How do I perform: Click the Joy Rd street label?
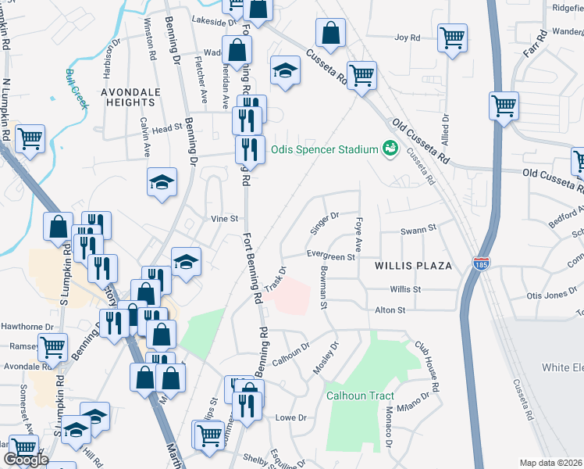tap(408, 37)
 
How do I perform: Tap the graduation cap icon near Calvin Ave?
tap(162, 183)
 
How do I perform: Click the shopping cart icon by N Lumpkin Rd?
tap(30, 140)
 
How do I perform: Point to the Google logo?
tap(26, 460)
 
